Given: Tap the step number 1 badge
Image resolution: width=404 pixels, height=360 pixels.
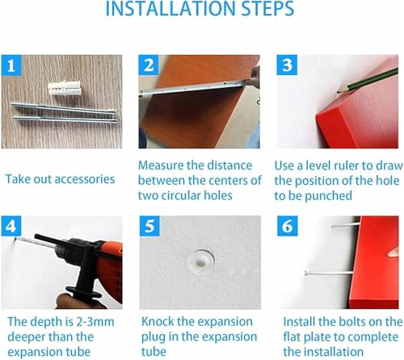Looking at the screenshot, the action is coord(11,65).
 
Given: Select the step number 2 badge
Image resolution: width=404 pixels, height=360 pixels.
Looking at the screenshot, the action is coord(149,65).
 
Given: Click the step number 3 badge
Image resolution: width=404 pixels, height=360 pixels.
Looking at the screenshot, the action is coord(287,65).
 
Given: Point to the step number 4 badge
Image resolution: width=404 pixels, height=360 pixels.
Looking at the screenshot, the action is coord(11,226).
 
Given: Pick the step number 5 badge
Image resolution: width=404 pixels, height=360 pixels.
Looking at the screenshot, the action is coord(149,226).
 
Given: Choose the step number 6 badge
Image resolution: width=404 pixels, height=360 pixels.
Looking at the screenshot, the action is coord(287,226).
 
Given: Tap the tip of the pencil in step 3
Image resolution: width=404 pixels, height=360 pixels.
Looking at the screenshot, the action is coord(338,93).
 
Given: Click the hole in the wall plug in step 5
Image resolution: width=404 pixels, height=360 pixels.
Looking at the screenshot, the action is coord(200,262).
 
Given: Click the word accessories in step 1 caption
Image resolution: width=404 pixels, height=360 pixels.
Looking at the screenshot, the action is coord(87,179).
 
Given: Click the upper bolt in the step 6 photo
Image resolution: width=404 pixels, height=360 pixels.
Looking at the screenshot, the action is coord(345,225).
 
